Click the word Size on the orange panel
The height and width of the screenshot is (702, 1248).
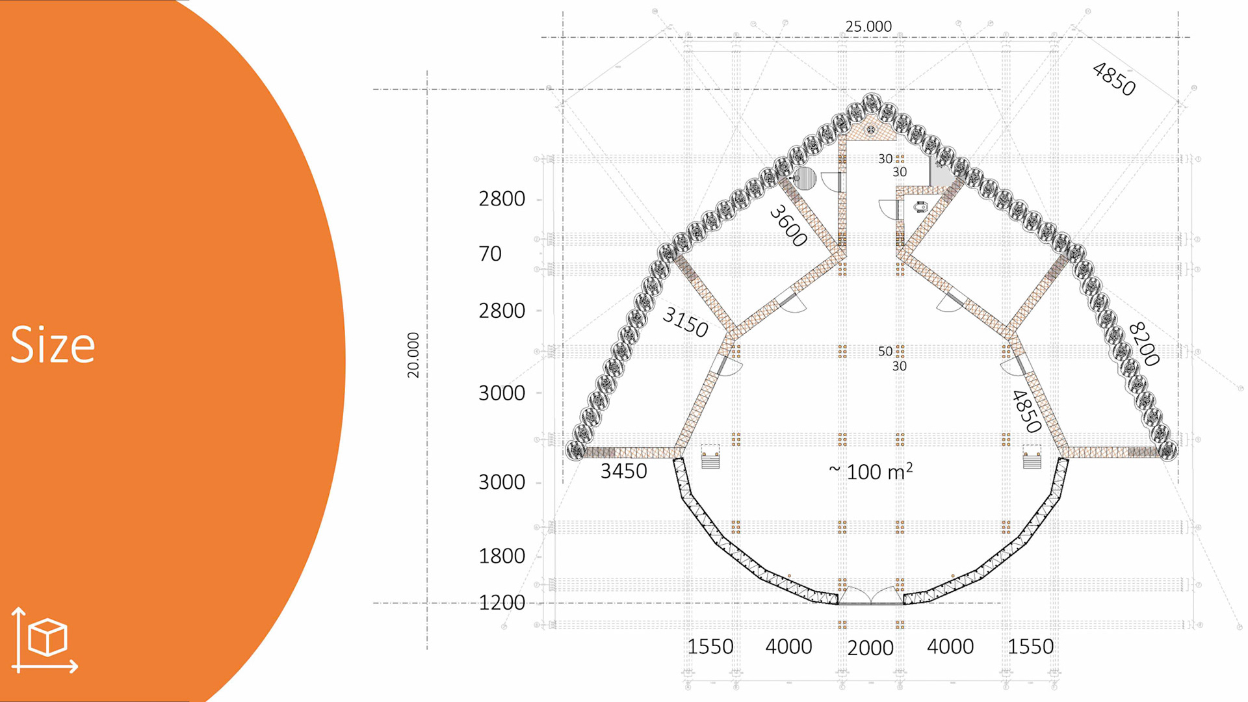[53, 344]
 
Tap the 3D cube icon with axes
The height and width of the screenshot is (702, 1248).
[44, 640]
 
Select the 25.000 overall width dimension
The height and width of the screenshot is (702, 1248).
[868, 27]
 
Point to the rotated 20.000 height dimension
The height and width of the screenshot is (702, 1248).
[413, 355]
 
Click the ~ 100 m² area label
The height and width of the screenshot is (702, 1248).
[870, 471]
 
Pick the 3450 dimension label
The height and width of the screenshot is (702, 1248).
[623, 471]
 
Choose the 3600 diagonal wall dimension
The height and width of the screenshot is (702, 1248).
[788, 226]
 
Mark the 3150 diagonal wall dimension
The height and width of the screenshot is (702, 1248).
[685, 322]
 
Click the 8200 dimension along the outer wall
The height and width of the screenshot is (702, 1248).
[1144, 344]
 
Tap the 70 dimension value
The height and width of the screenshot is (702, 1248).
[490, 253]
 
